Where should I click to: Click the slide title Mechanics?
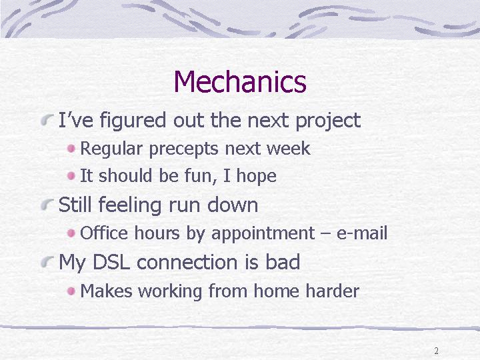[x=240, y=81]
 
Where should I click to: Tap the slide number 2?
[x=436, y=351]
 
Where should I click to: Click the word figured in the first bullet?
[x=133, y=121]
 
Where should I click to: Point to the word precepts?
[x=184, y=149]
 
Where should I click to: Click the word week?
[x=289, y=148]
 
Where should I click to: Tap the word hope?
[x=256, y=177]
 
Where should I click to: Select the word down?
[x=233, y=205]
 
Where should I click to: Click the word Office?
[x=104, y=233]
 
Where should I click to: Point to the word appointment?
[x=263, y=234]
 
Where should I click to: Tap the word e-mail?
[x=362, y=233]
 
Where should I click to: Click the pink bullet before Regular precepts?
[x=71, y=149]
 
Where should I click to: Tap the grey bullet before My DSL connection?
[x=47, y=263]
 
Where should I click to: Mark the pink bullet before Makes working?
[x=71, y=291]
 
